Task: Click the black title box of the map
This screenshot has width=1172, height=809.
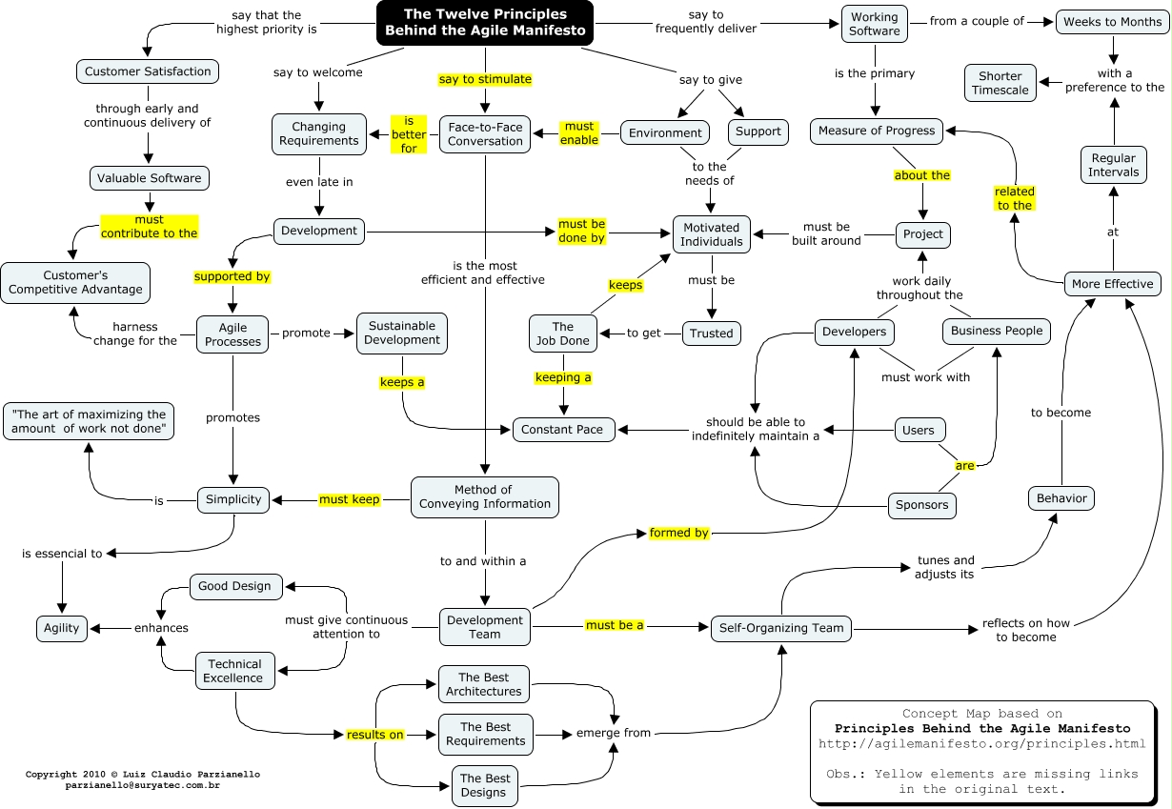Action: (x=485, y=23)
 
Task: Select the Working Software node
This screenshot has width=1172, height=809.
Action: (x=874, y=24)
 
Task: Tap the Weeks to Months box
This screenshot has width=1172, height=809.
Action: (x=1112, y=22)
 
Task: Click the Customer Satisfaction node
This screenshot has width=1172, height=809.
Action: (x=148, y=71)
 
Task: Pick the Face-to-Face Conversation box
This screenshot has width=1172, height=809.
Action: (x=485, y=133)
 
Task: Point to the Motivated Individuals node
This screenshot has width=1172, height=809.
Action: (x=711, y=234)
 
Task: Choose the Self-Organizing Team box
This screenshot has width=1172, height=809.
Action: (x=782, y=628)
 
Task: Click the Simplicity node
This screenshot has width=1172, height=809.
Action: (x=234, y=499)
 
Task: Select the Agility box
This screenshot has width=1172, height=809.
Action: (x=63, y=628)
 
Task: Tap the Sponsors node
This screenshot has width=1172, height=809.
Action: (x=922, y=505)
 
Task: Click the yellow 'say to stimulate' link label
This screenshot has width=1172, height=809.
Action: (x=485, y=79)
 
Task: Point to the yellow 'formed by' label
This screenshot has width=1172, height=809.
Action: (x=679, y=533)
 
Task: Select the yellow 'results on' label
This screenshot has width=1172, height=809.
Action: (x=375, y=735)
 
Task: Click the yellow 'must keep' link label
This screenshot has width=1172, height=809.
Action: (x=350, y=499)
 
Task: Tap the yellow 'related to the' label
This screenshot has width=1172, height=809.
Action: (x=1015, y=198)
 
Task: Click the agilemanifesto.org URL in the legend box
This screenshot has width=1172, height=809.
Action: (x=982, y=743)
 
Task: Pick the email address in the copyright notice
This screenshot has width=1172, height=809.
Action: (x=143, y=786)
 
